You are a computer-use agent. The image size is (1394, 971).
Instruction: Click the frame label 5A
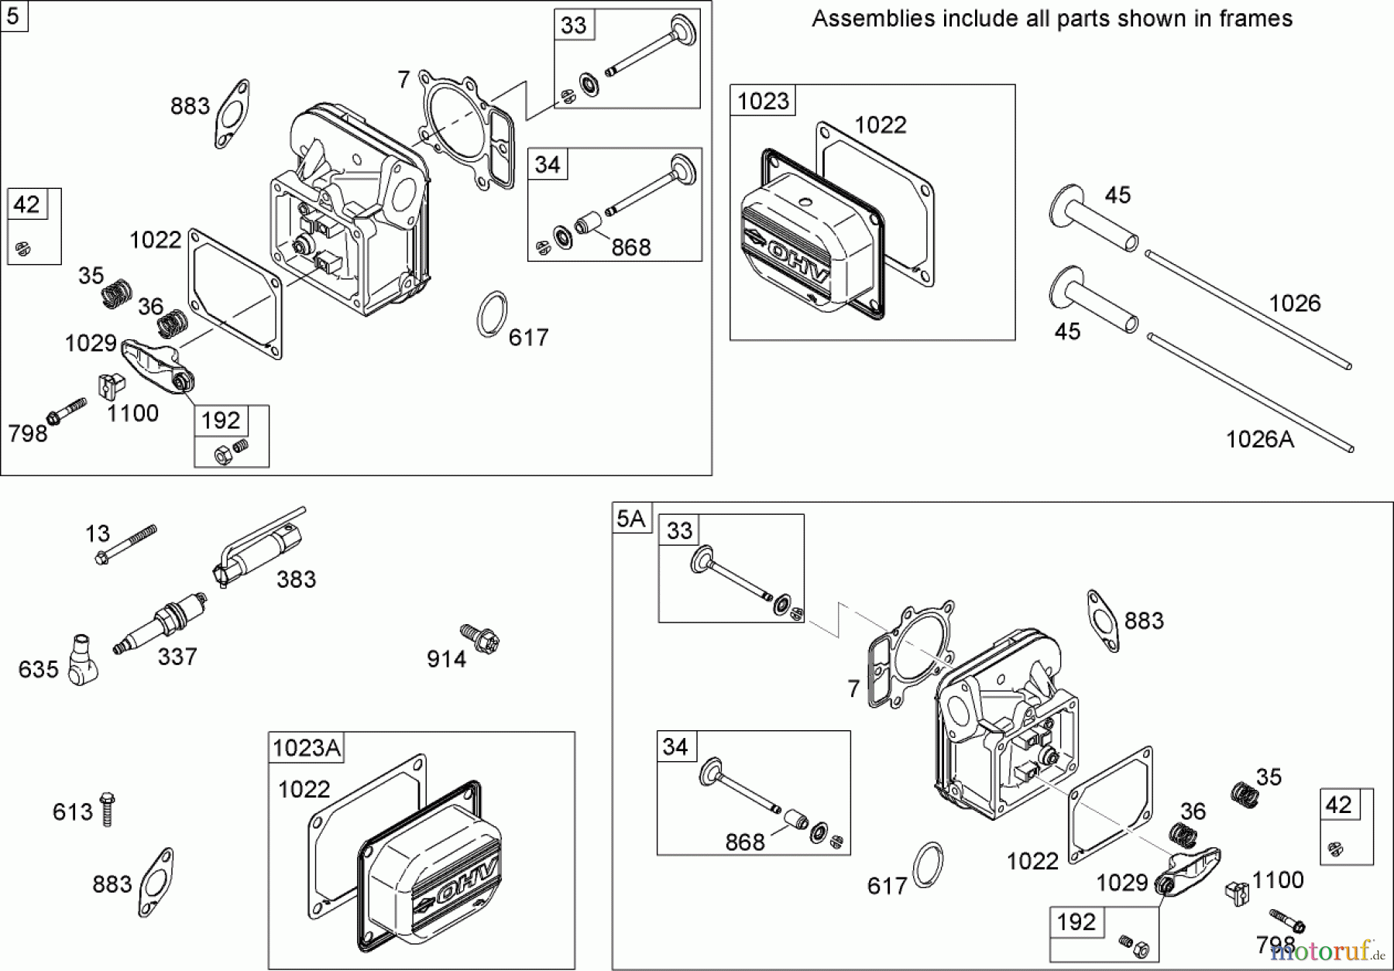(631, 518)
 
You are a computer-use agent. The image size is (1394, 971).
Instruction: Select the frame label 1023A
(307, 747)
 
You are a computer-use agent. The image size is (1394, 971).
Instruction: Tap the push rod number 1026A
(1259, 439)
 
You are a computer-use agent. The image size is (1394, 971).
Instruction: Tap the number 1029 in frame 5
(91, 343)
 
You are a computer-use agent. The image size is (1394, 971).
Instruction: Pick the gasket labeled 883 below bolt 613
(156, 882)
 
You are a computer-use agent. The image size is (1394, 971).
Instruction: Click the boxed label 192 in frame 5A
(1076, 922)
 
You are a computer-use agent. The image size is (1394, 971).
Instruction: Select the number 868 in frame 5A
(744, 842)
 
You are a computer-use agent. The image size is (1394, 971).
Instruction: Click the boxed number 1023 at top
(763, 101)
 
